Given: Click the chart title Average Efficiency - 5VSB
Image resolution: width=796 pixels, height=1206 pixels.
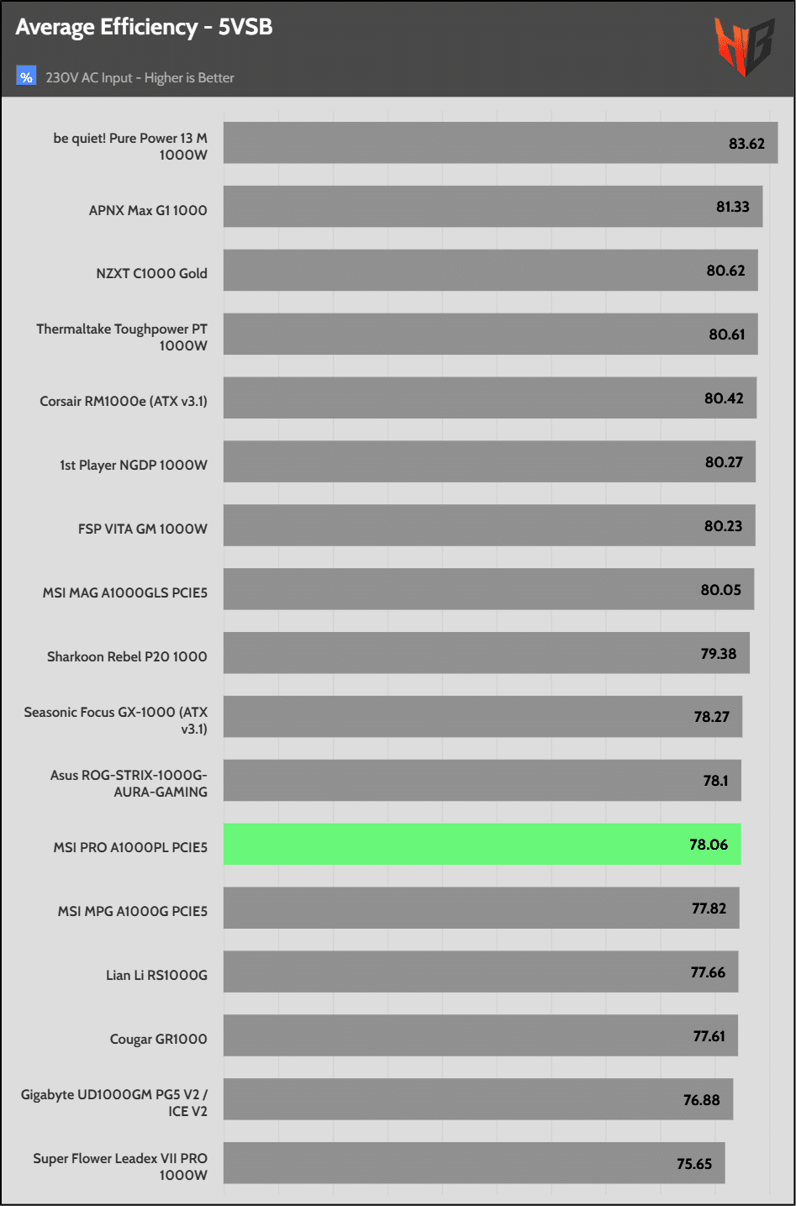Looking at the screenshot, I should pyautogui.click(x=144, y=28).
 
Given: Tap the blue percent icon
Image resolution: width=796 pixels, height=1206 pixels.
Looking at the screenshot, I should pyautogui.click(x=26, y=76).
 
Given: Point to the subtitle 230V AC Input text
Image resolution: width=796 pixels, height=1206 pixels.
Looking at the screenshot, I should pyautogui.click(x=140, y=78).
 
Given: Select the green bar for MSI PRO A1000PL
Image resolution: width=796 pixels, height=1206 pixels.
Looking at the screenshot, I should pyautogui.click(x=482, y=845).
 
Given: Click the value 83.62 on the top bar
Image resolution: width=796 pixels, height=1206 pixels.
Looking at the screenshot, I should pyautogui.click(x=746, y=144).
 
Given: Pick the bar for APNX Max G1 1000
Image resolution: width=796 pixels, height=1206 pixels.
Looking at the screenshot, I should pyautogui.click(x=493, y=207).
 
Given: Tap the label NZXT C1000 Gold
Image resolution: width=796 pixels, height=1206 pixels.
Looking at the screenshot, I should pyautogui.click(x=151, y=273).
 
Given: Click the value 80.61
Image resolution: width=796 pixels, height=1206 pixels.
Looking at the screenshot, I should pyautogui.click(x=726, y=334).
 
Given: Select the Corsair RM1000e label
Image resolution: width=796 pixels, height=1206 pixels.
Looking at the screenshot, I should pyautogui.click(x=124, y=401).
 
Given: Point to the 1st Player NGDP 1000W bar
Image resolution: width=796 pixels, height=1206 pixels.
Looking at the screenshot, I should pyautogui.click(x=489, y=462).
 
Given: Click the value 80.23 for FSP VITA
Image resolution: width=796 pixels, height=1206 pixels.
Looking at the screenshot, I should pyautogui.click(x=723, y=526).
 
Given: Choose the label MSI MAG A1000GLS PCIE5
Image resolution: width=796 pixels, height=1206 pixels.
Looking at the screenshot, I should pyautogui.click(x=125, y=592).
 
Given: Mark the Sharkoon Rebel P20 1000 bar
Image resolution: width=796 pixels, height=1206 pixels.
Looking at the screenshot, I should pyautogui.click(x=486, y=653).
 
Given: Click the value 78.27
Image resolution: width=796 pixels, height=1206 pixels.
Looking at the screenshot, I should pyautogui.click(x=711, y=717).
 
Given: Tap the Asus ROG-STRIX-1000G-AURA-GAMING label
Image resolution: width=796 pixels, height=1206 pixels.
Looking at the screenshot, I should pyautogui.click(x=129, y=783).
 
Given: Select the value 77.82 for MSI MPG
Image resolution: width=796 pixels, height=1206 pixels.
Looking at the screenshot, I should pyautogui.click(x=709, y=908).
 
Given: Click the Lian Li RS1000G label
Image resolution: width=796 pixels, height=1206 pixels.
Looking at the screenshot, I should pyautogui.click(x=156, y=975).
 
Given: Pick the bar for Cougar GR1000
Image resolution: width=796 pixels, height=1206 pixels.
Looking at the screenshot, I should pyautogui.click(x=480, y=1036).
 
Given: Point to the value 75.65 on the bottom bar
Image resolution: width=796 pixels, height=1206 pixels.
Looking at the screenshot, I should pyautogui.click(x=694, y=1164).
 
